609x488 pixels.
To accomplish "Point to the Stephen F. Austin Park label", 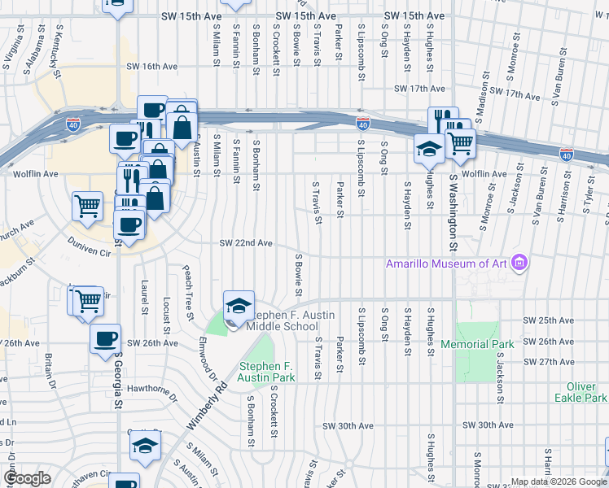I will tap(266, 373).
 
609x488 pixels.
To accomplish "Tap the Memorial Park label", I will tap(477, 344).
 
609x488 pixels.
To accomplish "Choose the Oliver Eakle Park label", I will tap(581, 392).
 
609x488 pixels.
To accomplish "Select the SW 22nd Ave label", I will tap(245, 242).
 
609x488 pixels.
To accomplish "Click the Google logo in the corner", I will tap(28, 477).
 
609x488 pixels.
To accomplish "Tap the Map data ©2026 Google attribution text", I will tap(557, 481).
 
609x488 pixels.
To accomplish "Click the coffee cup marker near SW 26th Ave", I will tap(106, 340).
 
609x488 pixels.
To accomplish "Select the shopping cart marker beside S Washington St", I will tap(461, 143).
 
